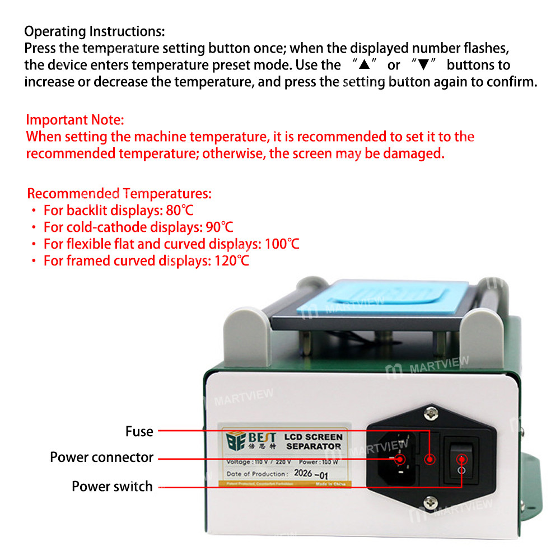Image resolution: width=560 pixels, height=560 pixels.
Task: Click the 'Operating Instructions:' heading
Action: [95, 31]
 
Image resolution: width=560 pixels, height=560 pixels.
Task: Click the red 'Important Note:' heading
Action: [75, 120]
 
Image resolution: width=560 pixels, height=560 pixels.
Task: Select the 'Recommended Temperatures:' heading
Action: [119, 194]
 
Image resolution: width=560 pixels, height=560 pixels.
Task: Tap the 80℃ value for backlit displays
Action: [180, 211]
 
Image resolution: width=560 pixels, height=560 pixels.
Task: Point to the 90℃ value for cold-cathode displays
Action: [220, 227]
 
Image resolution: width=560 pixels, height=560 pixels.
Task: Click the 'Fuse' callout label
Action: [139, 431]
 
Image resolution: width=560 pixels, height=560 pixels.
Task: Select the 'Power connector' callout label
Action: [101, 457]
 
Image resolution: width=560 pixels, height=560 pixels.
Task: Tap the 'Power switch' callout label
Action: [112, 486]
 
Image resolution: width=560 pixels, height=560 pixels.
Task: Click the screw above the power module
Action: [430, 415]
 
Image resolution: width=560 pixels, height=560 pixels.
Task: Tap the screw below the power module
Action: [430, 502]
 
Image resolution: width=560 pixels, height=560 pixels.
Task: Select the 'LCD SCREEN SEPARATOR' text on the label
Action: [314, 441]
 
